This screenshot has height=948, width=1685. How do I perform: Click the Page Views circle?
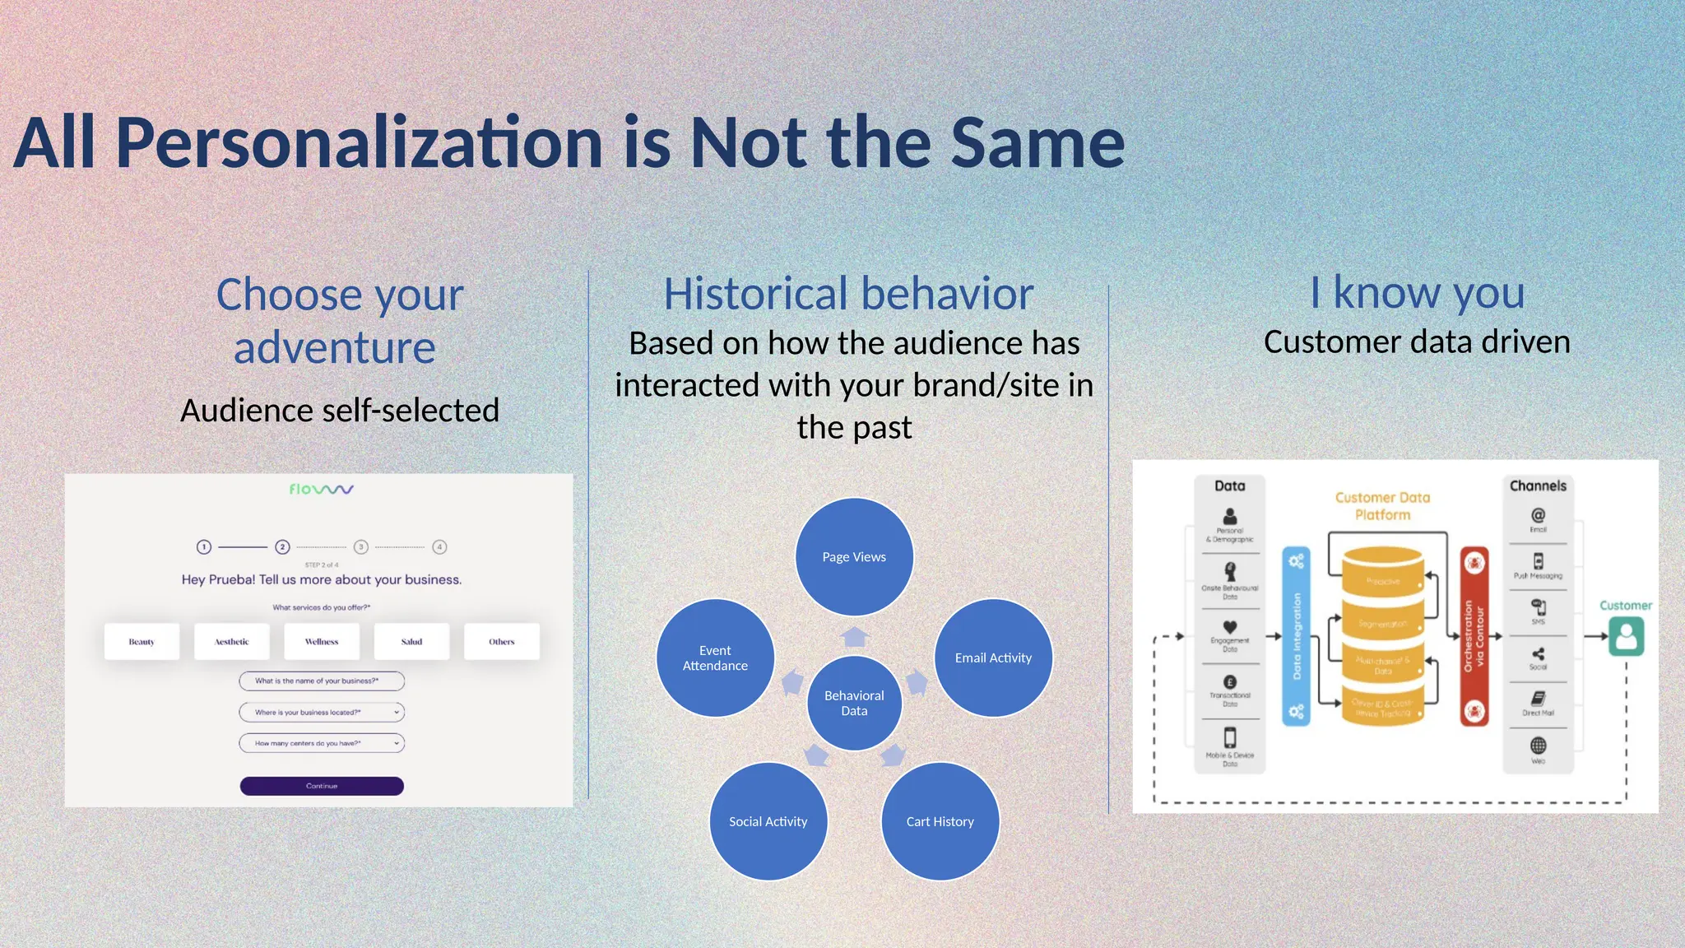click(x=854, y=557)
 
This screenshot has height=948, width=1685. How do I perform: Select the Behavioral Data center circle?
click(x=854, y=703)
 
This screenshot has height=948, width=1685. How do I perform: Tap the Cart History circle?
click(x=940, y=821)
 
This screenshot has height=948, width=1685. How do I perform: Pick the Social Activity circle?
click(x=768, y=821)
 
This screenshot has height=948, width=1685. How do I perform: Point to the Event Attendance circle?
click(x=715, y=658)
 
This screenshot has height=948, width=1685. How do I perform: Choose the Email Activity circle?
click(x=993, y=658)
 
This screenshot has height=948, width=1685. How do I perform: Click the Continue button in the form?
click(x=322, y=786)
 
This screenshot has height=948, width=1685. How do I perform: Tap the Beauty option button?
click(x=142, y=641)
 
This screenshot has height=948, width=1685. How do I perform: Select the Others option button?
click(x=502, y=641)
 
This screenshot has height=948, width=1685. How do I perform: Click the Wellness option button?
click(x=322, y=641)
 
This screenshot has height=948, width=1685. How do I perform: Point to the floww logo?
click(x=321, y=489)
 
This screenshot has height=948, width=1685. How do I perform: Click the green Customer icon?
click(x=1626, y=637)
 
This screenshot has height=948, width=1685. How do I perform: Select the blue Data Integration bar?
click(x=1296, y=636)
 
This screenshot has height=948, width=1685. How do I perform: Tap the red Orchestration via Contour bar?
click(x=1474, y=636)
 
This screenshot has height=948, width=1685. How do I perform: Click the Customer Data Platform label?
click(x=1382, y=506)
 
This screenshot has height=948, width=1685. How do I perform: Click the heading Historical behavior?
click(x=848, y=294)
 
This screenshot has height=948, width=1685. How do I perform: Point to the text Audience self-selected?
click(x=340, y=410)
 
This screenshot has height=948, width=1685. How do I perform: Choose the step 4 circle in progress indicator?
click(x=439, y=546)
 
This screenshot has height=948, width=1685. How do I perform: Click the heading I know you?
click(x=1417, y=292)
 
